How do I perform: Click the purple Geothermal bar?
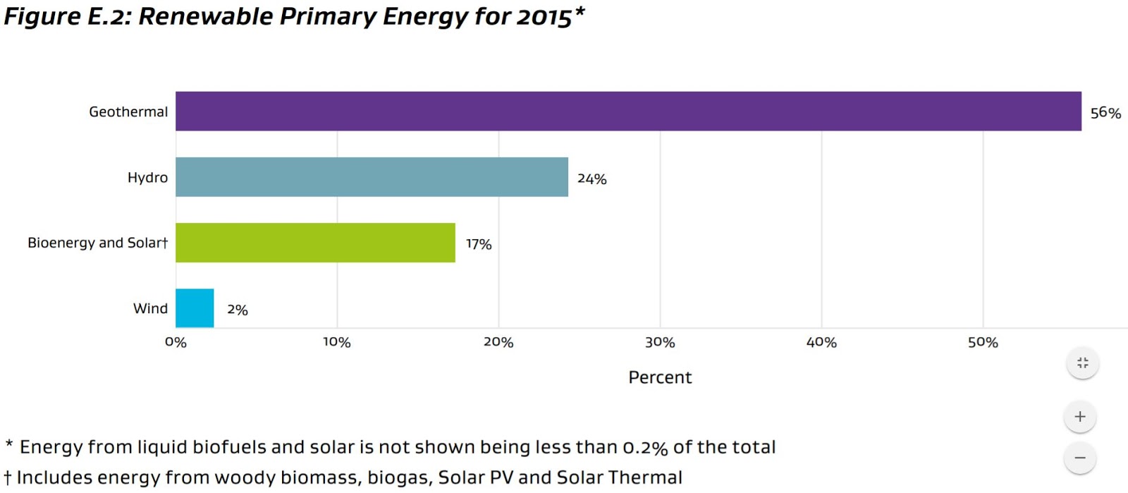(x=627, y=111)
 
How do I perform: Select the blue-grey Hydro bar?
(x=372, y=177)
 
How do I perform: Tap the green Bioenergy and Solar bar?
(x=315, y=243)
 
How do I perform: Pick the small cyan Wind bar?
(x=195, y=308)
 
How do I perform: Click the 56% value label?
(x=1105, y=113)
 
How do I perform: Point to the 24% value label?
(x=591, y=179)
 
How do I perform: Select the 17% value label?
(x=478, y=244)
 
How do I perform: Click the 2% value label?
(x=237, y=310)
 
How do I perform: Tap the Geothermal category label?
(x=128, y=111)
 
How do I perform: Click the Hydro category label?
(x=147, y=178)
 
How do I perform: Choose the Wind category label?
(x=150, y=308)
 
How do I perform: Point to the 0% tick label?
(x=176, y=342)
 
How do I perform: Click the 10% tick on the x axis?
(x=336, y=342)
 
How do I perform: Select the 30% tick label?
(x=660, y=342)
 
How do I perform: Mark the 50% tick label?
(x=983, y=342)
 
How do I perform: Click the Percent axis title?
(x=660, y=377)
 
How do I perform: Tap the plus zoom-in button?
(x=1080, y=417)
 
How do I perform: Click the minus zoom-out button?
(x=1080, y=458)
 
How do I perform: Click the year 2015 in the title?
(x=544, y=16)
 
